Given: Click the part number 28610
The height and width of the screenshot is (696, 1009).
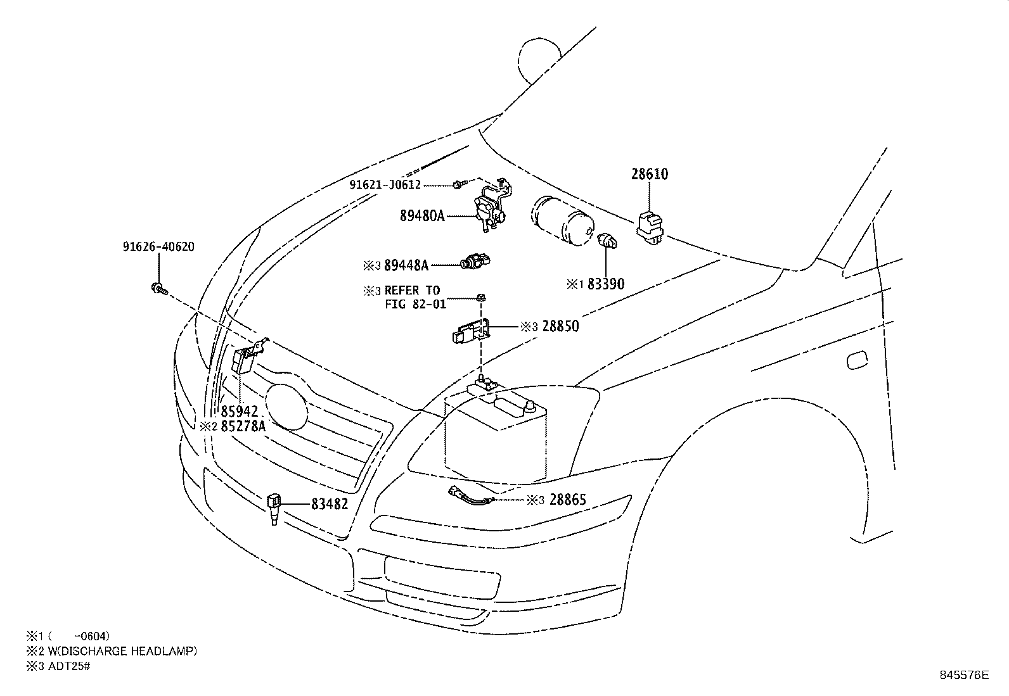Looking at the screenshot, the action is [x=649, y=174].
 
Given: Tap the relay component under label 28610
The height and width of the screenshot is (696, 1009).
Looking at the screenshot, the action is [x=650, y=227].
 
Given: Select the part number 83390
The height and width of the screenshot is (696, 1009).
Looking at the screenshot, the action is [x=606, y=284].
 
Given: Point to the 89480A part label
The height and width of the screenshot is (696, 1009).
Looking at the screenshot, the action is [x=422, y=216].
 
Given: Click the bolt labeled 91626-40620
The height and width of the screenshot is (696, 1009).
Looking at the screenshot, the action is [x=160, y=289].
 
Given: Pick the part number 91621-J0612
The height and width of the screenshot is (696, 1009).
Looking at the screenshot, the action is [x=385, y=184].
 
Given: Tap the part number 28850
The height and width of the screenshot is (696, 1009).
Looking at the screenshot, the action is [x=560, y=326].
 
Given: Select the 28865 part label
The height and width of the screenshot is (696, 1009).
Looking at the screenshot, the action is [x=568, y=500].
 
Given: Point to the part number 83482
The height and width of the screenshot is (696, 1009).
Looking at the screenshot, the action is [x=330, y=503].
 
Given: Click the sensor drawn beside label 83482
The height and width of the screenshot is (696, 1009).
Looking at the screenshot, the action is [x=274, y=509].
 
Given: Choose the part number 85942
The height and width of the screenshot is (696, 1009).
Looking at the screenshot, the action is [x=239, y=411].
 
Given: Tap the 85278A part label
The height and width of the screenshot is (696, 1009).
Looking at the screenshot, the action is [x=243, y=426].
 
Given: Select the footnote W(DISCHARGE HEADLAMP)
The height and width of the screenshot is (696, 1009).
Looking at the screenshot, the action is [x=122, y=651].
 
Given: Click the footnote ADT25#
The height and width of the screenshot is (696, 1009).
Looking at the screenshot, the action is [x=69, y=666].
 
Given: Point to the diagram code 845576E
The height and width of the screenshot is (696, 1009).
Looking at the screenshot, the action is [x=964, y=675].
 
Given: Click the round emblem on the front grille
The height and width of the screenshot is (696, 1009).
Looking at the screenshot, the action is [x=286, y=407].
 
